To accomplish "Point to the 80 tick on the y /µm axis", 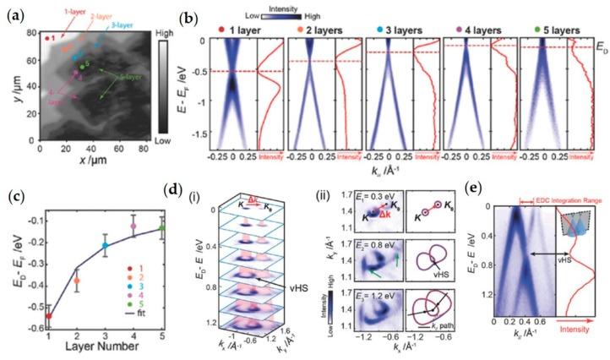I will pos(31,34).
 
